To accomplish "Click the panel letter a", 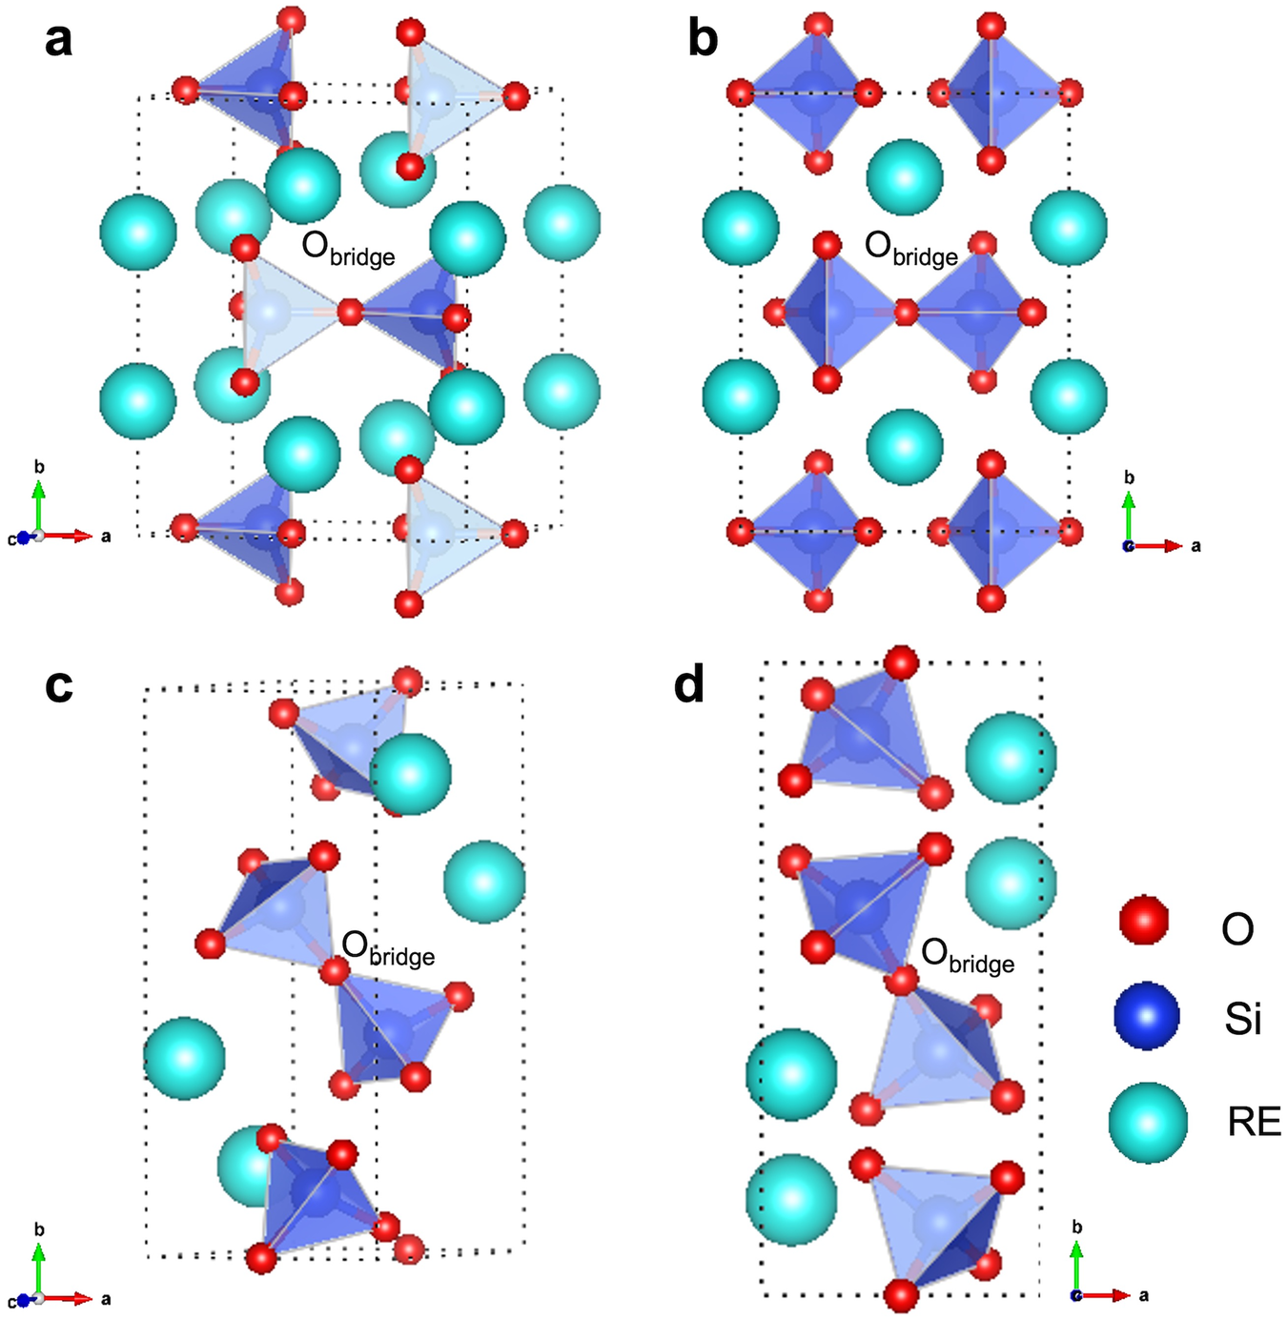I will [58, 41].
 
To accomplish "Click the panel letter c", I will [58, 685].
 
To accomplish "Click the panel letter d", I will [688, 685].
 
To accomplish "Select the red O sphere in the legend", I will [1143, 920].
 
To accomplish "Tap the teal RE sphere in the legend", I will [1148, 1122].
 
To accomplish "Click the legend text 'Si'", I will [1242, 1020].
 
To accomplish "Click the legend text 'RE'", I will [1254, 1123].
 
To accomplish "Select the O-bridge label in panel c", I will [388, 948].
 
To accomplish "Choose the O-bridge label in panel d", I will [968, 956].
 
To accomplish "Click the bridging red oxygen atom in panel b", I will [906, 312].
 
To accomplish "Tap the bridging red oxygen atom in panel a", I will [350, 312].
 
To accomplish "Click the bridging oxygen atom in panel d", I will [903, 980].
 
